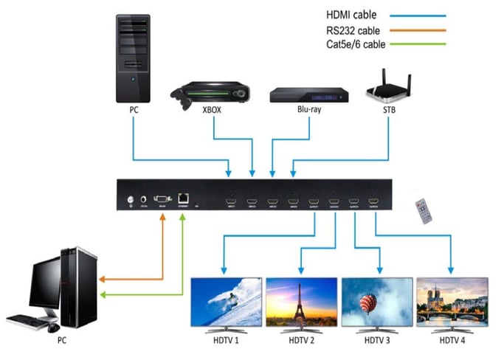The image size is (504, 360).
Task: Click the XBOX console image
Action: pos(210,94)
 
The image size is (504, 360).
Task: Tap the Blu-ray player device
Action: pos(308,97)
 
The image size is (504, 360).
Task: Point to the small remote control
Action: pos(423,211)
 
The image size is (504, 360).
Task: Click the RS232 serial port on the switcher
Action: pos(161,198)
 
